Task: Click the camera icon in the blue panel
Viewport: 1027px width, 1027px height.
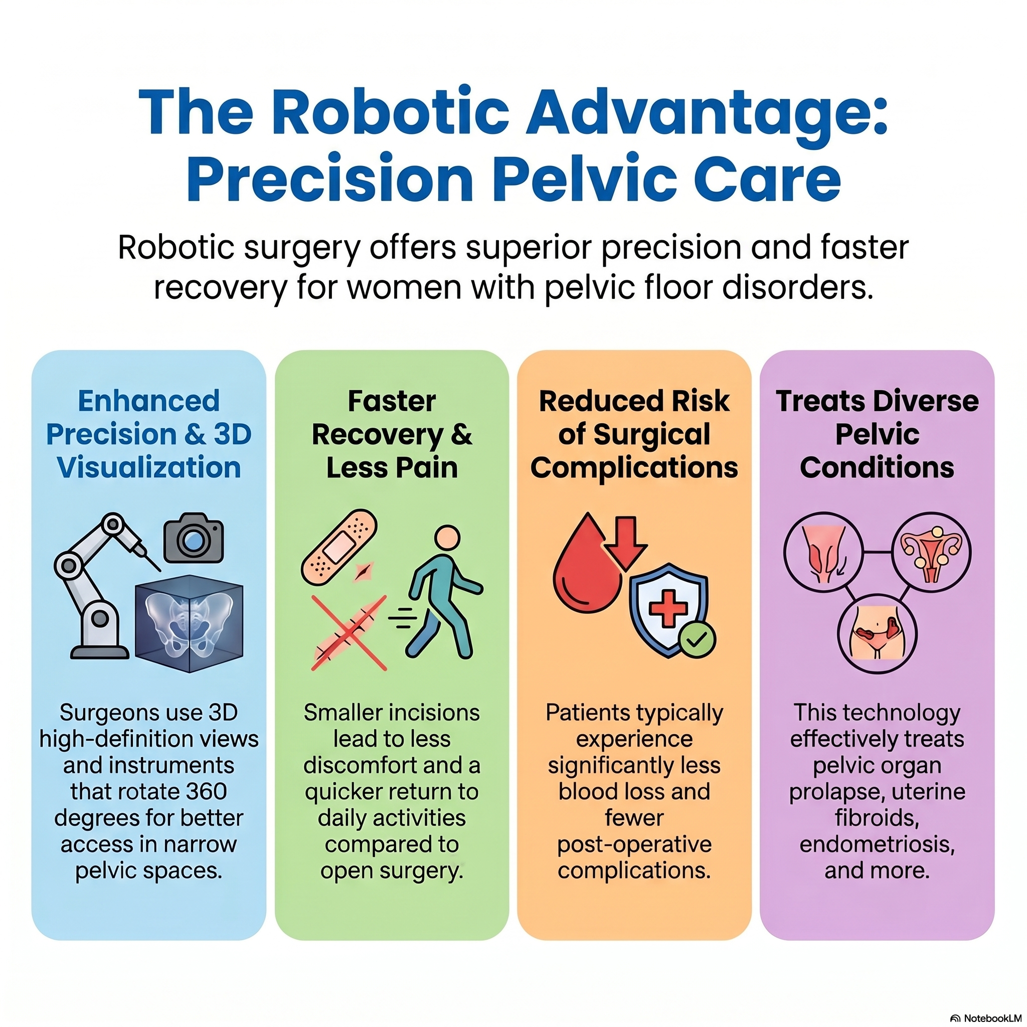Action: (x=194, y=538)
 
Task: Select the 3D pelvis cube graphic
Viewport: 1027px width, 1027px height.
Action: (x=189, y=623)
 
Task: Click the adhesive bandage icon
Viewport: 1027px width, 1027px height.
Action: (x=339, y=548)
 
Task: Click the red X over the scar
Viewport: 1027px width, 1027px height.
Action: (x=349, y=632)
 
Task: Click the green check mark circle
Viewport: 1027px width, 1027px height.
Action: (x=697, y=640)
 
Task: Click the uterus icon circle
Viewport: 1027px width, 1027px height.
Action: (x=931, y=553)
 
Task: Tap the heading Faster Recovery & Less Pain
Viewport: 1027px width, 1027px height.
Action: (x=392, y=434)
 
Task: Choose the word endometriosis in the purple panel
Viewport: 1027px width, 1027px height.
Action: (x=877, y=844)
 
